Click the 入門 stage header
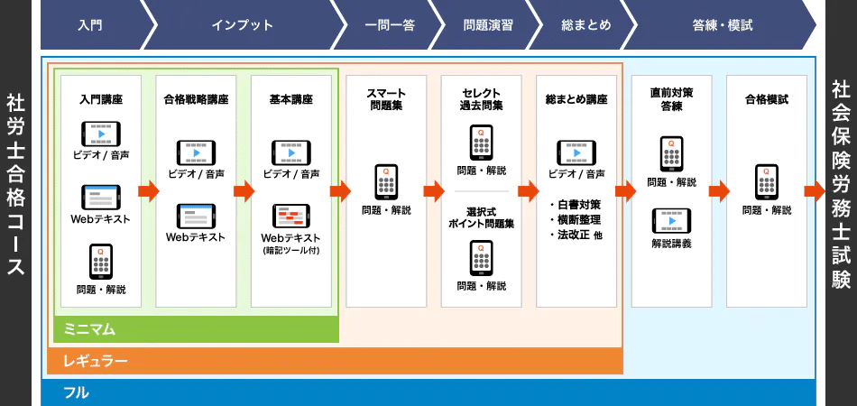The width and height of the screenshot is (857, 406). click(90, 25)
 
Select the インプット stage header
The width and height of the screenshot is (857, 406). click(242, 25)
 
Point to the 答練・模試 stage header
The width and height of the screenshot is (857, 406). click(722, 25)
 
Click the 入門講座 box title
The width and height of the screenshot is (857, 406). click(101, 99)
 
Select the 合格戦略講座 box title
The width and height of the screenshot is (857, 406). click(196, 99)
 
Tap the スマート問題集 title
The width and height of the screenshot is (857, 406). click(386, 99)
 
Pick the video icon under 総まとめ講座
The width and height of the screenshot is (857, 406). click(576, 153)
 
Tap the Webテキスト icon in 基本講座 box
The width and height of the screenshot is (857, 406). click(291, 217)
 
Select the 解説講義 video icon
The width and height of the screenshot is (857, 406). click(671, 221)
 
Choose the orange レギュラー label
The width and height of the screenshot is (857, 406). click(95, 362)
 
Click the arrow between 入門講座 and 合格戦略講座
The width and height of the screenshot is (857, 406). click(148, 191)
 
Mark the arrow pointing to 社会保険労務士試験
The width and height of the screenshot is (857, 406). click(815, 191)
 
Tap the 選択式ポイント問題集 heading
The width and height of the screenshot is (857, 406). click(482, 217)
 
